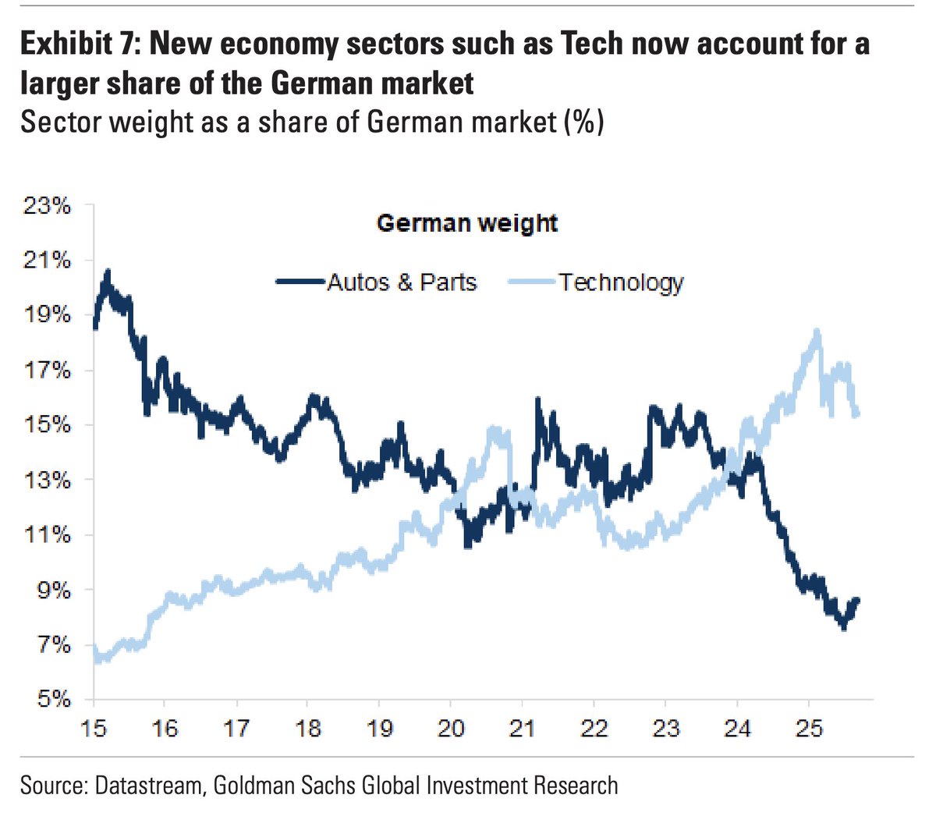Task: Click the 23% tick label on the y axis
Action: pyautogui.click(x=48, y=206)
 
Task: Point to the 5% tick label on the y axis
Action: pyautogui.click(x=54, y=699)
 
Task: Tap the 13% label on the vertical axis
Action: pyautogui.click(x=48, y=481)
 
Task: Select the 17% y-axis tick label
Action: pyautogui.click(x=48, y=371)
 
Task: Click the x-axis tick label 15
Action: pyautogui.click(x=94, y=728)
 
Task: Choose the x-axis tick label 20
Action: pyautogui.click(x=451, y=728)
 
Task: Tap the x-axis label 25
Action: pyautogui.click(x=809, y=728)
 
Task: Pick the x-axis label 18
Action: pyautogui.click(x=307, y=728)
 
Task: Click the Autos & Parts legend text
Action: pyautogui.click(x=402, y=282)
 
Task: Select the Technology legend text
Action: pyautogui.click(x=621, y=282)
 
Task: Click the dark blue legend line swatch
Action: pyautogui.click(x=300, y=282)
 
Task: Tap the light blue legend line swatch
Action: pyautogui.click(x=532, y=282)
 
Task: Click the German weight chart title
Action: pyautogui.click(x=467, y=224)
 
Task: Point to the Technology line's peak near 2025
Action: pyautogui.click(x=817, y=330)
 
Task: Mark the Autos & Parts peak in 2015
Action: pyautogui.click(x=108, y=271)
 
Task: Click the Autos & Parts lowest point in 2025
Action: pyautogui.click(x=844, y=628)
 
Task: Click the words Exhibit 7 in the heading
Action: pyautogui.click(x=77, y=44)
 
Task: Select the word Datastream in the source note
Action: pyautogui.click(x=148, y=786)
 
